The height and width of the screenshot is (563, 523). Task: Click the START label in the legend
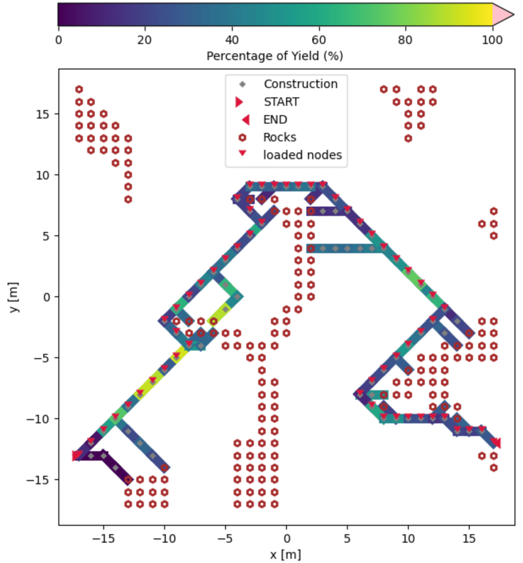tap(281, 102)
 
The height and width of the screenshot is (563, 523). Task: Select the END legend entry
tap(275, 120)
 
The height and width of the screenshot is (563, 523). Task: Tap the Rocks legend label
tap(279, 138)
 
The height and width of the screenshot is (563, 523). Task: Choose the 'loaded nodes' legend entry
tap(302, 155)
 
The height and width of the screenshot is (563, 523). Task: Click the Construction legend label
tap(300, 84)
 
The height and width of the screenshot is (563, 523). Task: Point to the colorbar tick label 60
tap(319, 40)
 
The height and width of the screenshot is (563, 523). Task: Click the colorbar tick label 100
tap(492, 40)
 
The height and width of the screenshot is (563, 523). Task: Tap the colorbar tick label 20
tap(145, 40)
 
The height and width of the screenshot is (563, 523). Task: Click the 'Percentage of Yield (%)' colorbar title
tap(275, 56)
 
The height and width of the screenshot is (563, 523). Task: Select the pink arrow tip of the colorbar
tap(503, 15)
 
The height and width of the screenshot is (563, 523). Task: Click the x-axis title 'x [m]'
tap(286, 554)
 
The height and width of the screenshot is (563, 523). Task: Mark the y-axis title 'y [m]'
tap(14, 297)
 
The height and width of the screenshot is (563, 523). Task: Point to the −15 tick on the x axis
tap(103, 538)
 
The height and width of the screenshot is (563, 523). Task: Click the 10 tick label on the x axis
tap(408, 538)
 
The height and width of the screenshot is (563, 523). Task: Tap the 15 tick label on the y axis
tap(43, 114)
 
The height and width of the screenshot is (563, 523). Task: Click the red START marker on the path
tap(77, 455)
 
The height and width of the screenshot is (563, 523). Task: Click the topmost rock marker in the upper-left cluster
tap(79, 89)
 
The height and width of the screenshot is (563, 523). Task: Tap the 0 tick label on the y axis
tap(46, 297)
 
